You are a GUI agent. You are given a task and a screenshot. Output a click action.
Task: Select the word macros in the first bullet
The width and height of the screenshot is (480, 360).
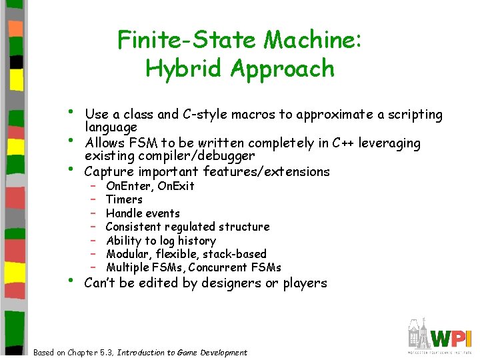click(x=262, y=115)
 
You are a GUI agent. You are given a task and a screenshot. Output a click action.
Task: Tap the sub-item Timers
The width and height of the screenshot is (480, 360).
click(x=124, y=199)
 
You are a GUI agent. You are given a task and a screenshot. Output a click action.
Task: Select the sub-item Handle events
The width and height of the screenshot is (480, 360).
click(x=143, y=213)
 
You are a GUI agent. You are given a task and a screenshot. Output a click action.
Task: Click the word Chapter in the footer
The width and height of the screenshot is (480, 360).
click(x=96, y=353)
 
